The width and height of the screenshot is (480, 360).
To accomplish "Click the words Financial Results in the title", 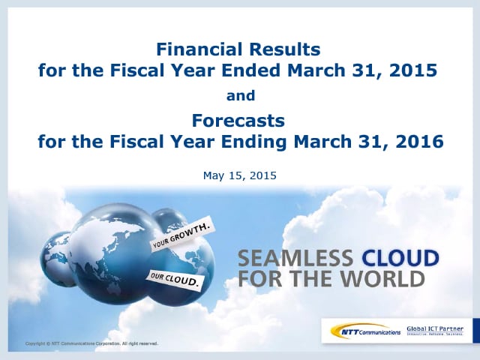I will click(x=239, y=50).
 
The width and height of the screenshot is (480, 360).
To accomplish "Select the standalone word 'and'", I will click(x=240, y=96).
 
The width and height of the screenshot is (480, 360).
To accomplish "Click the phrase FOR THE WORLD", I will click(x=331, y=280).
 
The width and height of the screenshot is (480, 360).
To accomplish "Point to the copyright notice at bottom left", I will click(x=91, y=343).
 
